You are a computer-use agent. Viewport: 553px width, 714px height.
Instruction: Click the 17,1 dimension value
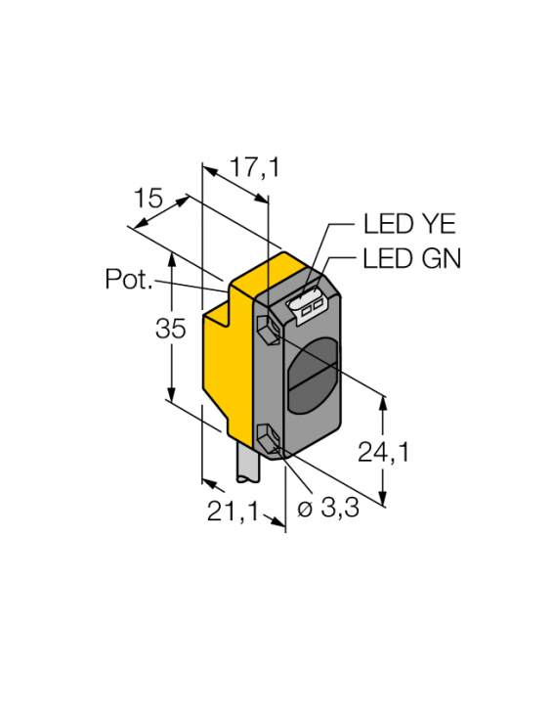tap(254, 167)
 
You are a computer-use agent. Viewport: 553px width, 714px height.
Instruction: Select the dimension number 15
tap(149, 200)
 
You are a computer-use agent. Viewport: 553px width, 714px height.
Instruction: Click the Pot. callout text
tap(129, 280)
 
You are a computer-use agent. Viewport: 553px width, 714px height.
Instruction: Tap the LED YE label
tap(409, 224)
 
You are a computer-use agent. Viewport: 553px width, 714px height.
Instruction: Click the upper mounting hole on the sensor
tap(267, 327)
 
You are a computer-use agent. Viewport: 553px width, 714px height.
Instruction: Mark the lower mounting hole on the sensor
tap(267, 435)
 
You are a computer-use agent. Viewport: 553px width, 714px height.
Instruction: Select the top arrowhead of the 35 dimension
tap(173, 255)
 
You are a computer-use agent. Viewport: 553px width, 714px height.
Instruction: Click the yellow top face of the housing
tap(277, 273)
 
